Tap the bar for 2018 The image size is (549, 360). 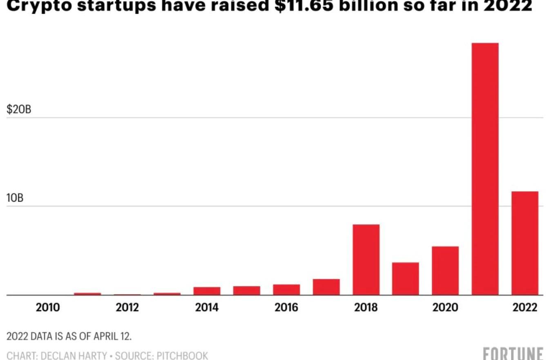(x=366, y=260)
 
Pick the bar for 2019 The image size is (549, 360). (x=405, y=278)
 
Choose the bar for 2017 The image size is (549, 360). (x=326, y=287)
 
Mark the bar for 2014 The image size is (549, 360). (x=207, y=291)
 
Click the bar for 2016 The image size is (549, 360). (x=286, y=289)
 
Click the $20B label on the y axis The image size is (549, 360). (x=19, y=110)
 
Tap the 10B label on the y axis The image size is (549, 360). (x=16, y=198)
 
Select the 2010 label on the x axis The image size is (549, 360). (x=47, y=308)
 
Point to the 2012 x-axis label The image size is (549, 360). (x=127, y=308)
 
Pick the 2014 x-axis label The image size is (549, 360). (x=207, y=308)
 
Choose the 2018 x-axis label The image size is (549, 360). (x=366, y=308)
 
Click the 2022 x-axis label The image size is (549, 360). (x=525, y=308)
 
